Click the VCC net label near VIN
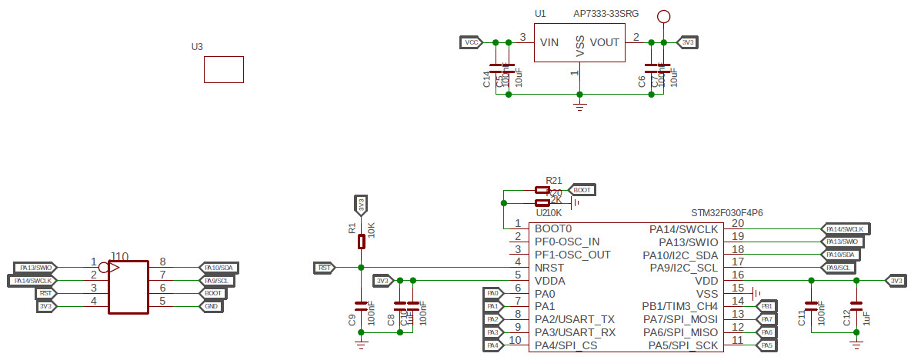[471, 42]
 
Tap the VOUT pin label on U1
[605, 43]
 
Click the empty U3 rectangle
[224, 69]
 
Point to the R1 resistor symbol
[361, 242]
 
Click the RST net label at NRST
[325, 268]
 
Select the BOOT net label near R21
[581, 189]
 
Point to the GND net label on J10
[211, 306]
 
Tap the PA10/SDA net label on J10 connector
[219, 268]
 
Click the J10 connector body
[128, 287]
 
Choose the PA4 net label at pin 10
[493, 345]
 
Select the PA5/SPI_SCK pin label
[680, 345]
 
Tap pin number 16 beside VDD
[737, 275]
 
